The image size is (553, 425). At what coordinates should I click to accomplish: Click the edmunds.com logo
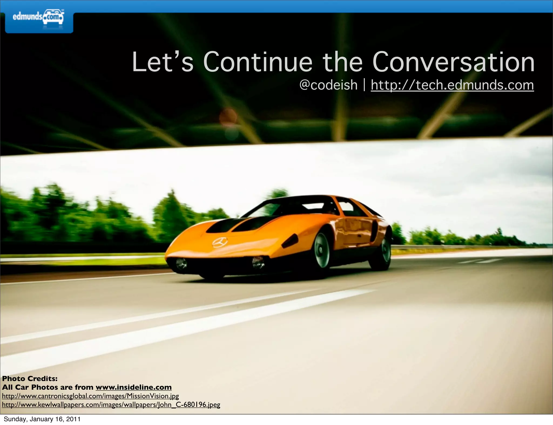[x=38, y=18]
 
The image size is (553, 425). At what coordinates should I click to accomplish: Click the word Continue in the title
[x=258, y=62]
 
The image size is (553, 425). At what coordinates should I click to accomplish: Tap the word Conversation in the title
[x=453, y=62]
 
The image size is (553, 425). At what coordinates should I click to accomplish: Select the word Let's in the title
[x=163, y=62]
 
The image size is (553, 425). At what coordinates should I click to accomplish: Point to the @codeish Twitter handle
[x=328, y=85]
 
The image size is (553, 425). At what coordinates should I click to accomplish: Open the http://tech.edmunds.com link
[x=452, y=85]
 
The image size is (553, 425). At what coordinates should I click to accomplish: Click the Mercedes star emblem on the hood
[x=220, y=242]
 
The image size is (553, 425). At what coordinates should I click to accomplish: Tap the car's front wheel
[x=322, y=250]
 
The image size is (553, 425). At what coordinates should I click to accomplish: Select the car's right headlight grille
[x=258, y=262]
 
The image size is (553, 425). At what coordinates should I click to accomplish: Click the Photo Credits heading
[x=30, y=379]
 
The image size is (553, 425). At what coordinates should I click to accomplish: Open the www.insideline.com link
[x=133, y=387]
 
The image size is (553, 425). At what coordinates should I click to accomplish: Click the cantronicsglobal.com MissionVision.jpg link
[x=90, y=396]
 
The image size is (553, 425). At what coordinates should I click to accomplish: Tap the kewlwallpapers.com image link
[x=111, y=405]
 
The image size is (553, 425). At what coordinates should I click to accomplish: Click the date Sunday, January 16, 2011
[x=42, y=419]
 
